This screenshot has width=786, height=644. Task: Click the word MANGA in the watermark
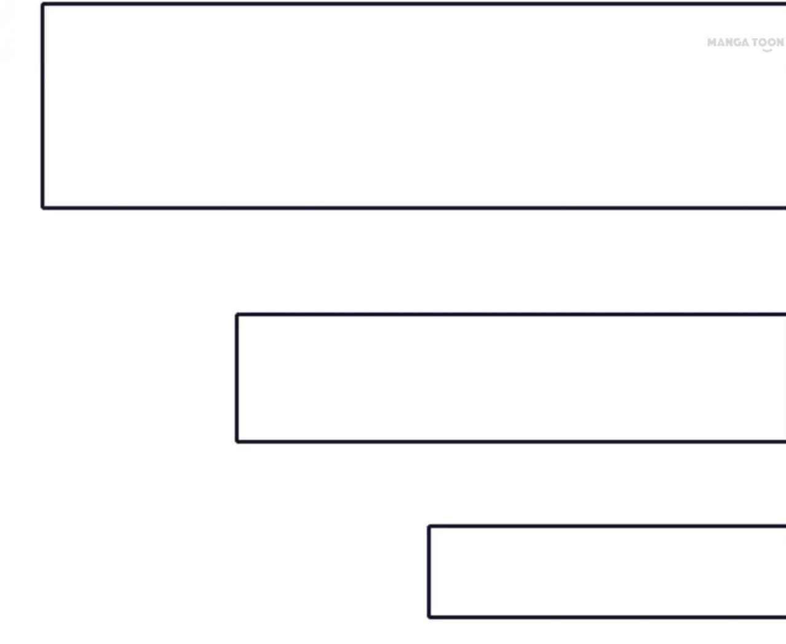point(728,42)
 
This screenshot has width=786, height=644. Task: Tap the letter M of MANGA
point(712,42)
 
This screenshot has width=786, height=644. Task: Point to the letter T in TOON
point(756,42)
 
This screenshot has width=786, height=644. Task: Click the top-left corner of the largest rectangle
point(42,4)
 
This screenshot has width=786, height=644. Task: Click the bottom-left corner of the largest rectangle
point(42,208)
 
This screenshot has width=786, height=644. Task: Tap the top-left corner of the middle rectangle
point(237,315)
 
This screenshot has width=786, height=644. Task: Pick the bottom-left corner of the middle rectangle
point(237,441)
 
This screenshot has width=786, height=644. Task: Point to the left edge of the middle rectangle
point(237,378)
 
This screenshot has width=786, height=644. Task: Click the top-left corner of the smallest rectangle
point(429,527)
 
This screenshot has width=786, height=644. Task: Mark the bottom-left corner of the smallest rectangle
point(429,616)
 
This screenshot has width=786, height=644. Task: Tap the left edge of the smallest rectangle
point(429,571)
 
